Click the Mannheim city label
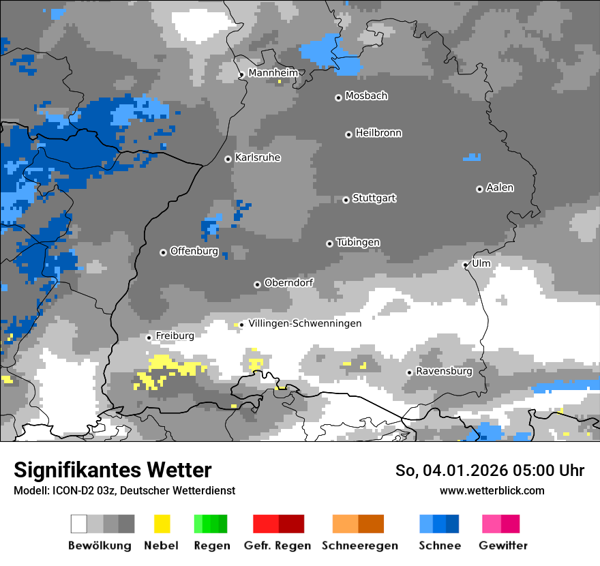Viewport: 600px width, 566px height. (x=273, y=73)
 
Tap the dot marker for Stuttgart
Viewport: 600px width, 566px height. (x=346, y=200)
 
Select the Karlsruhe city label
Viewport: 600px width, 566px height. (x=258, y=158)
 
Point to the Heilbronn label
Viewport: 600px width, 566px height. (x=378, y=133)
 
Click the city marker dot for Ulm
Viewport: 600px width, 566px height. (x=466, y=265)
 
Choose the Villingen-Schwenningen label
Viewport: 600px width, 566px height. (x=305, y=323)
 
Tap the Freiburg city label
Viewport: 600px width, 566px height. (x=175, y=336)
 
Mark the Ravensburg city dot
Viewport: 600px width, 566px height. (x=409, y=372)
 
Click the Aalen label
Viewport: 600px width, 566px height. (x=500, y=188)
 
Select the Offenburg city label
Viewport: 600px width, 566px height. (x=194, y=251)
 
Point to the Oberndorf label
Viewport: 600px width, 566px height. (x=289, y=282)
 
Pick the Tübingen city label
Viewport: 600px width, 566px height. (x=358, y=242)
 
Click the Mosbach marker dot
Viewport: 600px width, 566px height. (x=338, y=98)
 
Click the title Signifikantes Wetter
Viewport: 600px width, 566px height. (x=112, y=471)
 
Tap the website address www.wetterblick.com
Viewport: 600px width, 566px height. (x=492, y=490)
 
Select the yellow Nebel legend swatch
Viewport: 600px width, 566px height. (x=162, y=524)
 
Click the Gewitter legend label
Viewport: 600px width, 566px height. (x=503, y=546)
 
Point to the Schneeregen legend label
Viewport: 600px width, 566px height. (x=360, y=546)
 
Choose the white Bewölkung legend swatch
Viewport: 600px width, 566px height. (x=79, y=524)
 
